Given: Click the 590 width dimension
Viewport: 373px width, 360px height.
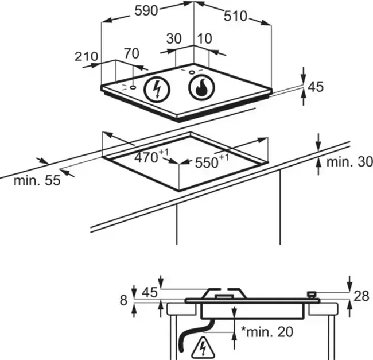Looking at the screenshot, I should tap(147, 11).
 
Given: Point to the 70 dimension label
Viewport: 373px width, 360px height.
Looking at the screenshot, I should tap(131, 54).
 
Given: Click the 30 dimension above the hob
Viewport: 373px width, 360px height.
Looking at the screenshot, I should tap(173, 39).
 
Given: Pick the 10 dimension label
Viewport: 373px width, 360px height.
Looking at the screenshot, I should tap(204, 39).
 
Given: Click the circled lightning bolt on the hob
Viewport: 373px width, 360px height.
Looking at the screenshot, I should tap(155, 89).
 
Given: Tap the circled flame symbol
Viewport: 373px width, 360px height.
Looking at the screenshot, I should tap(201, 88).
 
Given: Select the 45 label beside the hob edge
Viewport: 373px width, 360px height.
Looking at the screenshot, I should tap(316, 87).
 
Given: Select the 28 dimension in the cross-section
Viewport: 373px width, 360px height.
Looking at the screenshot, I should tap(362, 296).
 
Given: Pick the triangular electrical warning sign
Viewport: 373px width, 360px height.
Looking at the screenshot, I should tap(202, 346).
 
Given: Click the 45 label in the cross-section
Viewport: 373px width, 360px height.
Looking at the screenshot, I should tap(149, 292).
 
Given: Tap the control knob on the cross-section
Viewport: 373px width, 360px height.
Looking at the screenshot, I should tap(312, 295).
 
